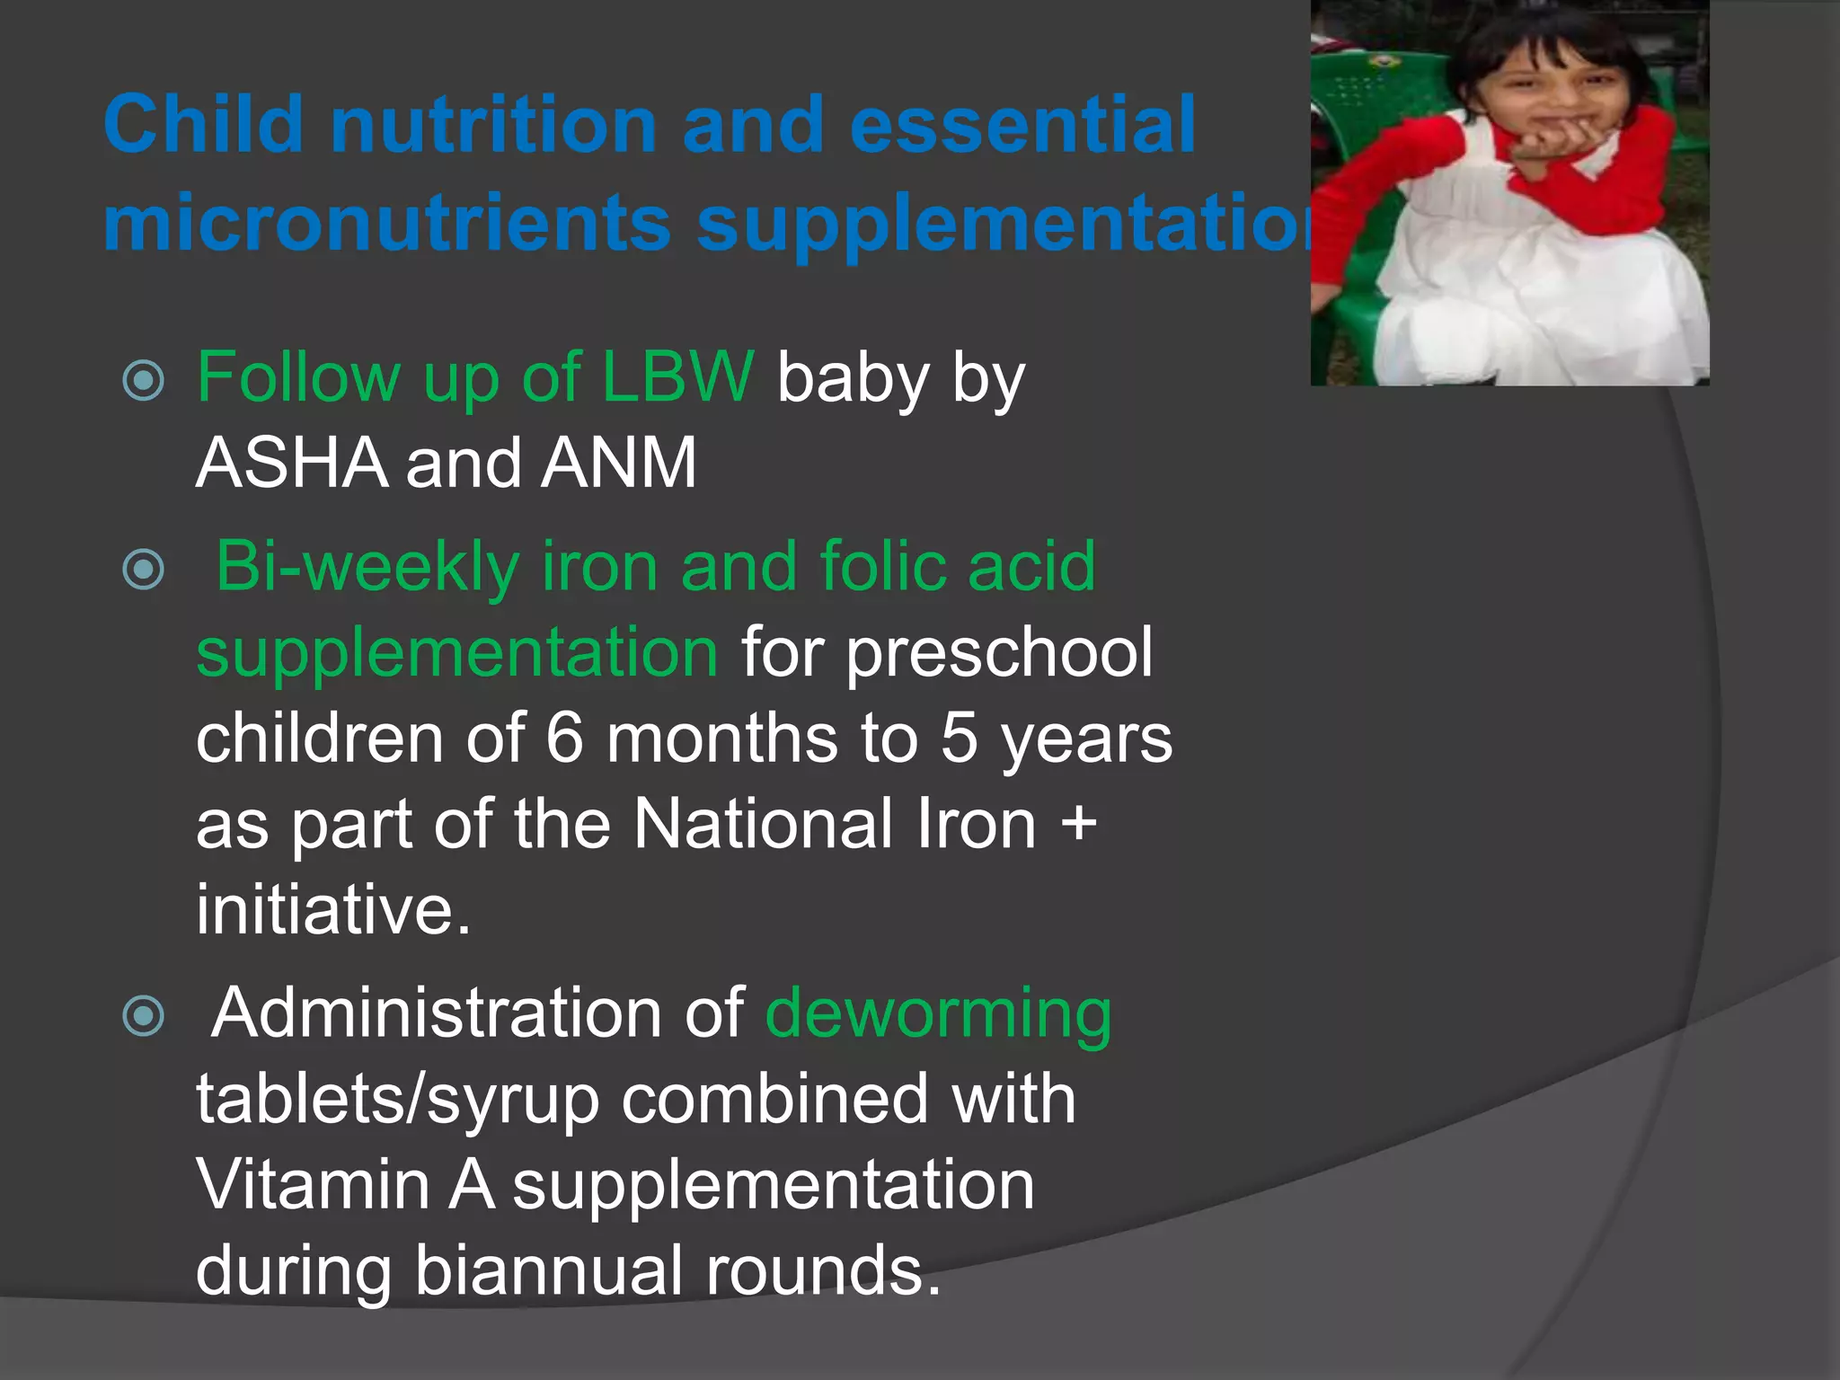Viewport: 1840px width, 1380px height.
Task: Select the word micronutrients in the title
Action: click(x=386, y=224)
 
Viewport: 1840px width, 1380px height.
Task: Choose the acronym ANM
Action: click(x=618, y=463)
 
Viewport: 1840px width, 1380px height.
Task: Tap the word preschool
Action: click(x=999, y=652)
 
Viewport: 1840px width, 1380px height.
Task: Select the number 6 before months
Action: click(x=565, y=739)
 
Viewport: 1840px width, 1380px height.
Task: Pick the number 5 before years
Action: click(x=959, y=739)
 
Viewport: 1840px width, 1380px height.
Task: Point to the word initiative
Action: click(x=332, y=909)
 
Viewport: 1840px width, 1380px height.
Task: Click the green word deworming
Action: click(x=938, y=1013)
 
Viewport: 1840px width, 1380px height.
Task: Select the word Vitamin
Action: click(x=314, y=1184)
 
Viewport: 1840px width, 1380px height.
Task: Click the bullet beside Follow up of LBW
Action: click(x=144, y=380)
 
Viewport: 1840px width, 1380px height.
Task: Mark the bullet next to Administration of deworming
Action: click(x=144, y=1016)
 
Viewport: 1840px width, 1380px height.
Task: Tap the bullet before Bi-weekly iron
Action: click(x=144, y=570)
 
